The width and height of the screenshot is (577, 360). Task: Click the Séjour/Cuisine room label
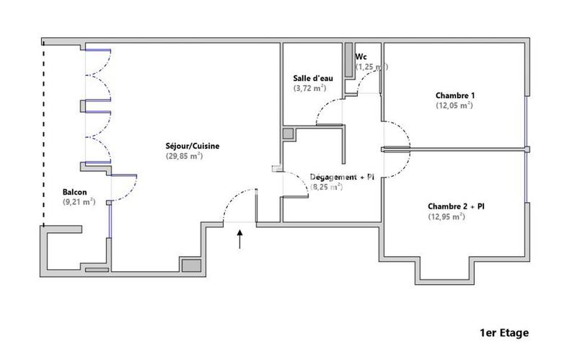point(192,146)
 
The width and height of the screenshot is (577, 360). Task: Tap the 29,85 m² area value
point(185,157)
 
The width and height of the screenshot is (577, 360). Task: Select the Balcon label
point(75,192)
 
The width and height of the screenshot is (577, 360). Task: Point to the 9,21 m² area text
point(79,202)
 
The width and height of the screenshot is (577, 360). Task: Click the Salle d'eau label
point(310,78)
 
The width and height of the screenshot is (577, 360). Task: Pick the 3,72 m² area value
point(309,88)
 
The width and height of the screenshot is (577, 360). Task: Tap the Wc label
point(361,56)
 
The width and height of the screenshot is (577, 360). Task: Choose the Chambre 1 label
point(455,95)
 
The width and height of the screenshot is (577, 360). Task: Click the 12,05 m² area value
point(454,105)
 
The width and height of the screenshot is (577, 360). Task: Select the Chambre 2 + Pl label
point(456,206)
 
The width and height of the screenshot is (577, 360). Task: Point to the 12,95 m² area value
point(447,216)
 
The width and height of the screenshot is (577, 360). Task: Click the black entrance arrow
point(240,239)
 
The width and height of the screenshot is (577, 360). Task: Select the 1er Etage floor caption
point(503,333)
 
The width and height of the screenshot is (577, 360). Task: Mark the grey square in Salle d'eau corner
point(288,134)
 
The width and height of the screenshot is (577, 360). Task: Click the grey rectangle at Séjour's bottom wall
point(190,265)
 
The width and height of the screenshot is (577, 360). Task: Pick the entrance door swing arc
point(232,201)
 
